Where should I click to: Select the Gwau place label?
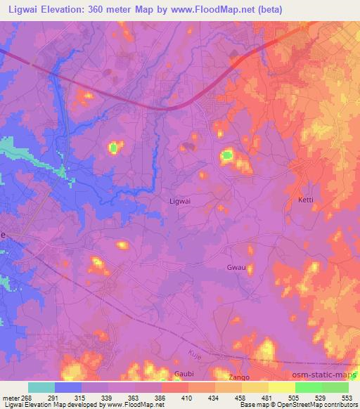pos(236,267)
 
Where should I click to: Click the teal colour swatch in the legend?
pos(41,387)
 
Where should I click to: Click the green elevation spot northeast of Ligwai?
pos(228,155)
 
